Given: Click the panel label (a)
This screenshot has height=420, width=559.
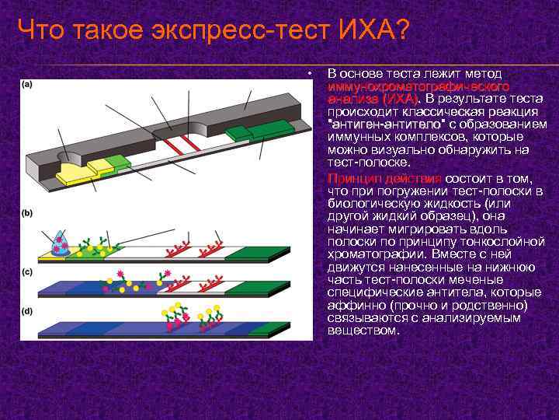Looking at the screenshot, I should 26,84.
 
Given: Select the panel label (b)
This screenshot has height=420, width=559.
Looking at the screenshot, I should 26,212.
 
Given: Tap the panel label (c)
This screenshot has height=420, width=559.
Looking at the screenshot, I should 26,272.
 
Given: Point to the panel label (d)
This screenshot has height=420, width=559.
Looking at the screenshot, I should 26,311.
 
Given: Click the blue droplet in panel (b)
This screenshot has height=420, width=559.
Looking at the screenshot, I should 58,244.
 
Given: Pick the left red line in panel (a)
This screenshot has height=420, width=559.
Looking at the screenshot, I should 172,146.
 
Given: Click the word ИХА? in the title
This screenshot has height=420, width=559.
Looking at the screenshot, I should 373,31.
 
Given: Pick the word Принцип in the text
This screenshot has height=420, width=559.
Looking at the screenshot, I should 352,178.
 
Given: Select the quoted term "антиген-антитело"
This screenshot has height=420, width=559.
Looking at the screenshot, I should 381,124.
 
